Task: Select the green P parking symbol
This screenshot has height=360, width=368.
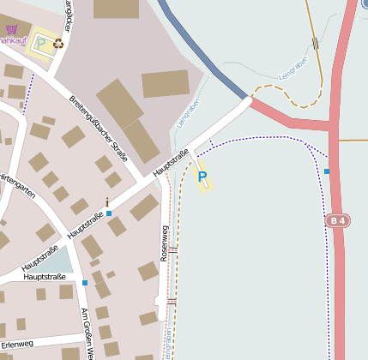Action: pyautogui.click(x=39, y=42)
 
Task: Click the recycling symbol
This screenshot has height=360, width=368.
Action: pyautogui.click(x=57, y=42)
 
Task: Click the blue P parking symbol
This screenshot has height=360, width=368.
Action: pyautogui.click(x=202, y=177)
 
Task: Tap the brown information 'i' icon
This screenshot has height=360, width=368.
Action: pyautogui.click(x=107, y=202)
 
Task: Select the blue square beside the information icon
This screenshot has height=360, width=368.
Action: pyautogui.click(x=109, y=213)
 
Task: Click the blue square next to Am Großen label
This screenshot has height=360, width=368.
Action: pyautogui.click(x=85, y=282)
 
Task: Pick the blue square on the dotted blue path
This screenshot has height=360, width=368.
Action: pyautogui.click(x=327, y=171)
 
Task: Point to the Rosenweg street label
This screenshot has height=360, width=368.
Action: pyautogui.click(x=164, y=243)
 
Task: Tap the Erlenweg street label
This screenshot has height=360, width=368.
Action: pyautogui.click(x=18, y=344)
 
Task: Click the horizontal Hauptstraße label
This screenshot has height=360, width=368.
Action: pyautogui.click(x=45, y=277)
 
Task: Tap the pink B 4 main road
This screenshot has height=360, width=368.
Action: pyautogui.click(x=339, y=274)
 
